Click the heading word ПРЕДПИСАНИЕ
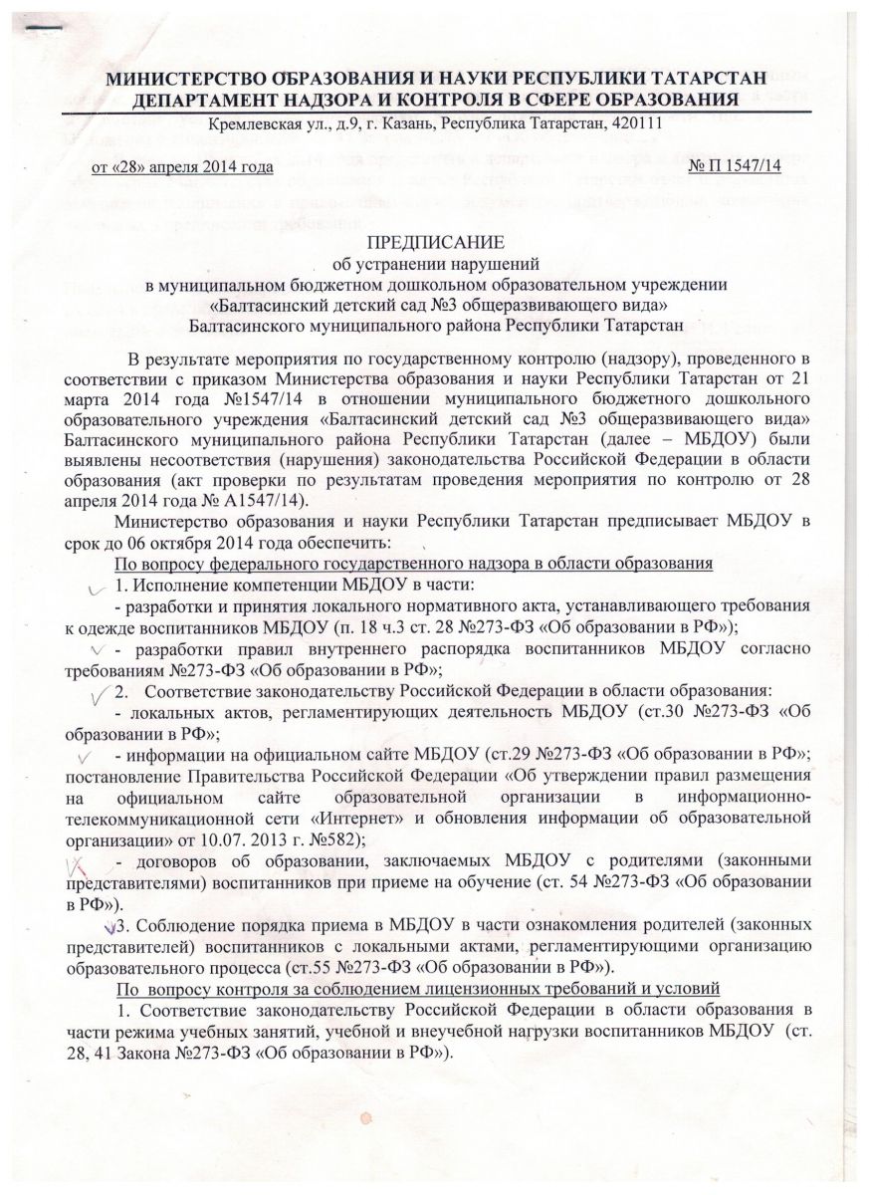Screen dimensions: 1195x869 434,243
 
